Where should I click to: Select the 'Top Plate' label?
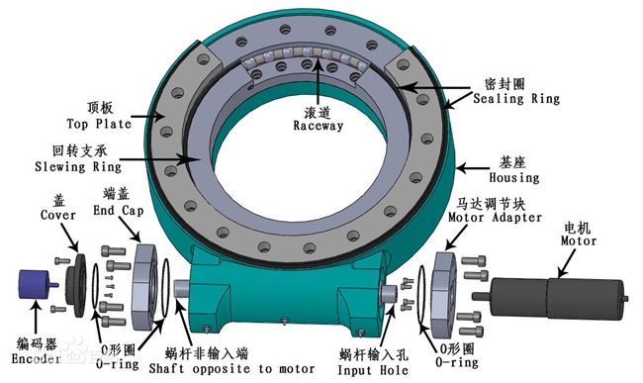(x=99, y=124)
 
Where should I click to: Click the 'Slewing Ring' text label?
(x=78, y=166)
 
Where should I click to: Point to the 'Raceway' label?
(x=319, y=126)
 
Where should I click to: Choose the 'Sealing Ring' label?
(x=516, y=98)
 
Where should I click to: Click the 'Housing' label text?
(x=513, y=177)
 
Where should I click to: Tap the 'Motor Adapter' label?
(x=495, y=217)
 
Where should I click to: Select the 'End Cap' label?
(x=119, y=211)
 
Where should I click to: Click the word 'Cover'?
(x=57, y=215)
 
